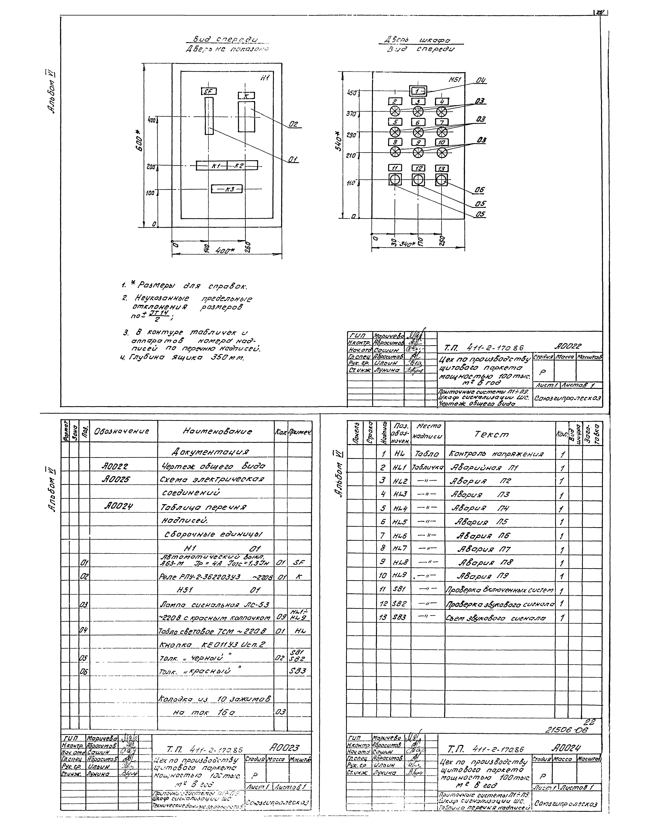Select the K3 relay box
(227, 188)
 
